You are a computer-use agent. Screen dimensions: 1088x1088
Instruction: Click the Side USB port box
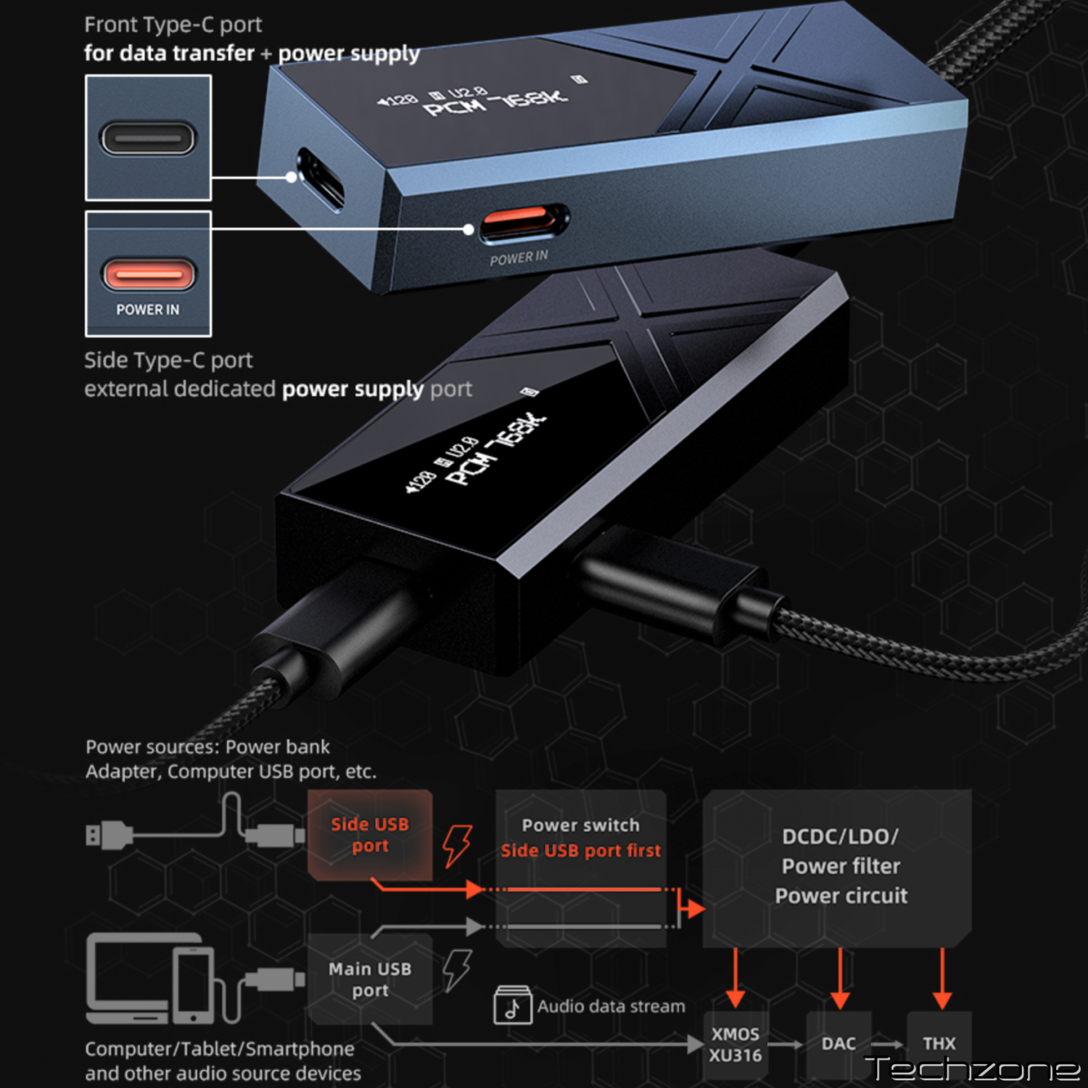(x=370, y=835)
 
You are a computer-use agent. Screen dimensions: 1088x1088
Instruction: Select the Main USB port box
(x=370, y=979)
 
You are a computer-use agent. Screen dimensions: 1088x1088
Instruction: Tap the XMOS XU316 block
(x=735, y=1044)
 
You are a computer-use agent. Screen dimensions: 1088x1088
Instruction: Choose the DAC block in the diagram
(x=838, y=1044)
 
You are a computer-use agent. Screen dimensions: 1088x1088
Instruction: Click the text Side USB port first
(x=581, y=850)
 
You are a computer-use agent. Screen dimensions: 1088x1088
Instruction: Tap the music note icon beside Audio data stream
(x=513, y=1005)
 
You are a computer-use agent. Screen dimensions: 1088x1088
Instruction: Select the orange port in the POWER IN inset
(x=148, y=274)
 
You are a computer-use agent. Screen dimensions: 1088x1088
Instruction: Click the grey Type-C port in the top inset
(x=148, y=138)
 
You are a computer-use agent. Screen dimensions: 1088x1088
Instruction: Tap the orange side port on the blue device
(x=524, y=222)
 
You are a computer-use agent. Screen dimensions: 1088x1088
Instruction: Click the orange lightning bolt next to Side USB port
(x=458, y=845)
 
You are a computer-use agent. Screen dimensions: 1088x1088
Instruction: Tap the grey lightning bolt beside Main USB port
(x=458, y=970)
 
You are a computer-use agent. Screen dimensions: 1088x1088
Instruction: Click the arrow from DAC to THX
(x=888, y=1044)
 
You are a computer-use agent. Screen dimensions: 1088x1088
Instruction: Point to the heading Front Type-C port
(x=173, y=25)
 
